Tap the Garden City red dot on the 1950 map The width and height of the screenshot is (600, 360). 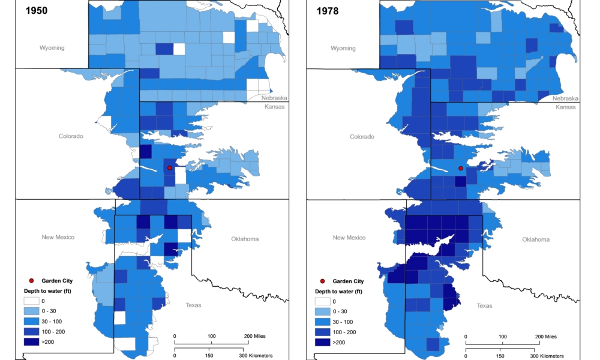pyautogui.click(x=170, y=168)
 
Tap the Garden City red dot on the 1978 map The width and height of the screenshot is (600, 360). pyautogui.click(x=461, y=169)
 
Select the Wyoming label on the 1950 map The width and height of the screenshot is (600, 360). pyautogui.click(x=52, y=48)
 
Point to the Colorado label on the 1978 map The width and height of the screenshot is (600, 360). pyautogui.click(x=362, y=137)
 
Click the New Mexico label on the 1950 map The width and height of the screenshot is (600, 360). pyautogui.click(x=58, y=238)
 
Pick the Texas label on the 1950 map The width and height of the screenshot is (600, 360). pyautogui.click(x=194, y=305)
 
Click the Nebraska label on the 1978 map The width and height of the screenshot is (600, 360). pyautogui.click(x=565, y=98)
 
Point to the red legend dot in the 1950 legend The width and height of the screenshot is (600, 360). pyautogui.click(x=32, y=281)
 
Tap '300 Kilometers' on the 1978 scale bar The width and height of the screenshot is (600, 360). pyautogui.click(x=552, y=356)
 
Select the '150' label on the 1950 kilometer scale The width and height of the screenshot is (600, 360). pyautogui.click(x=209, y=356)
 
